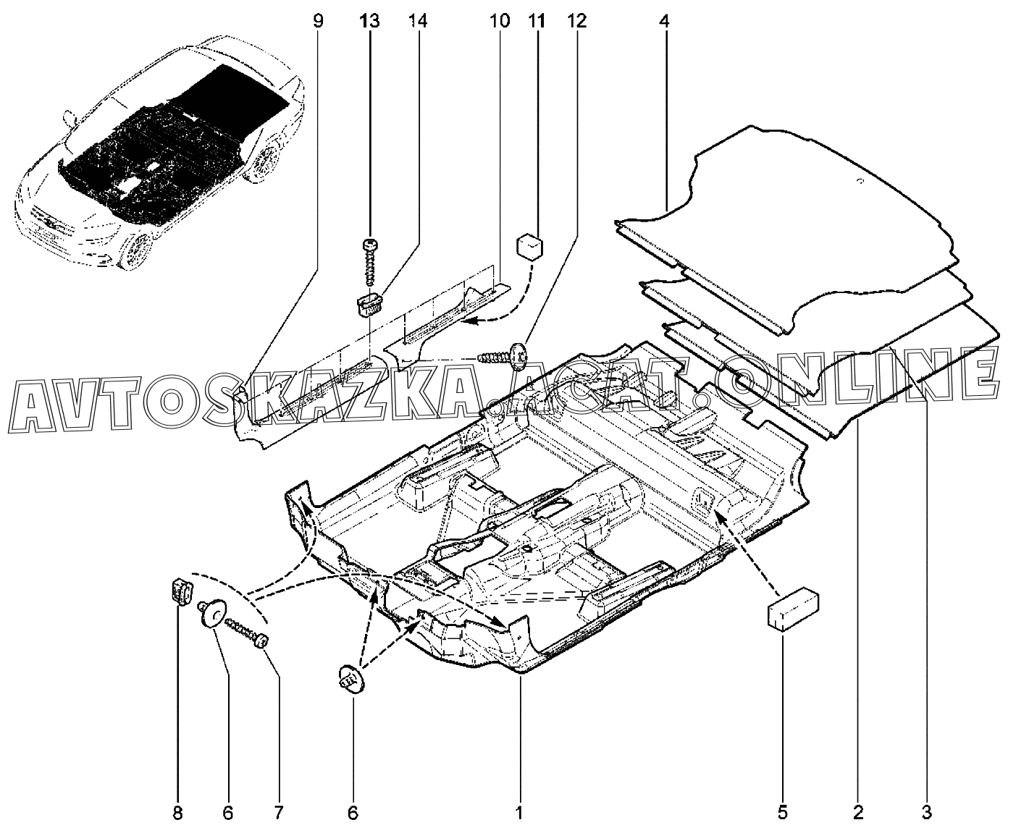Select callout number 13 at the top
369,21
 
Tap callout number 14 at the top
418,21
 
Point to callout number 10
499,21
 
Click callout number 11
537,21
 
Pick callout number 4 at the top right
664,21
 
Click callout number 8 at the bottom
178,813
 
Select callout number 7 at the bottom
278,813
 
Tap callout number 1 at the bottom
519,813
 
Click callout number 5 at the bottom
782,813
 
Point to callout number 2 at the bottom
858,813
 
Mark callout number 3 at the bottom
926,813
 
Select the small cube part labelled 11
530,247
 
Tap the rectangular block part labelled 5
793,610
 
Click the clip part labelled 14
371,305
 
